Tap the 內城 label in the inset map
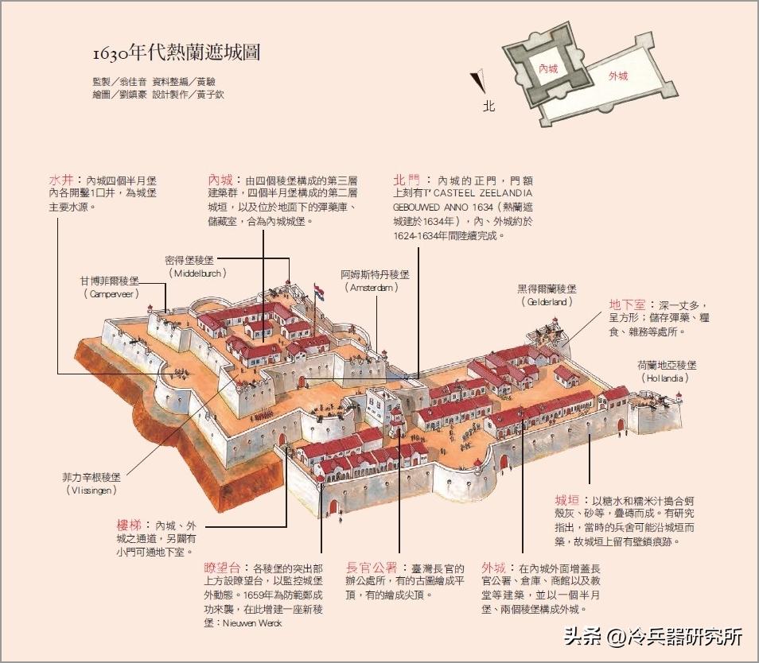pyautogui.click(x=548, y=69)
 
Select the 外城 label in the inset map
pyautogui.click(x=618, y=76)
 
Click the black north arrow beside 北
pyautogui.click(x=478, y=81)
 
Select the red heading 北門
pyautogui.click(x=407, y=180)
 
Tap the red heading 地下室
pyautogui.click(x=628, y=304)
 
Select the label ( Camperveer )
pyautogui.click(x=110, y=293)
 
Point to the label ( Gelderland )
pyautogui.click(x=546, y=302)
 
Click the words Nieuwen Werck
pyautogui.click(x=254, y=622)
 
